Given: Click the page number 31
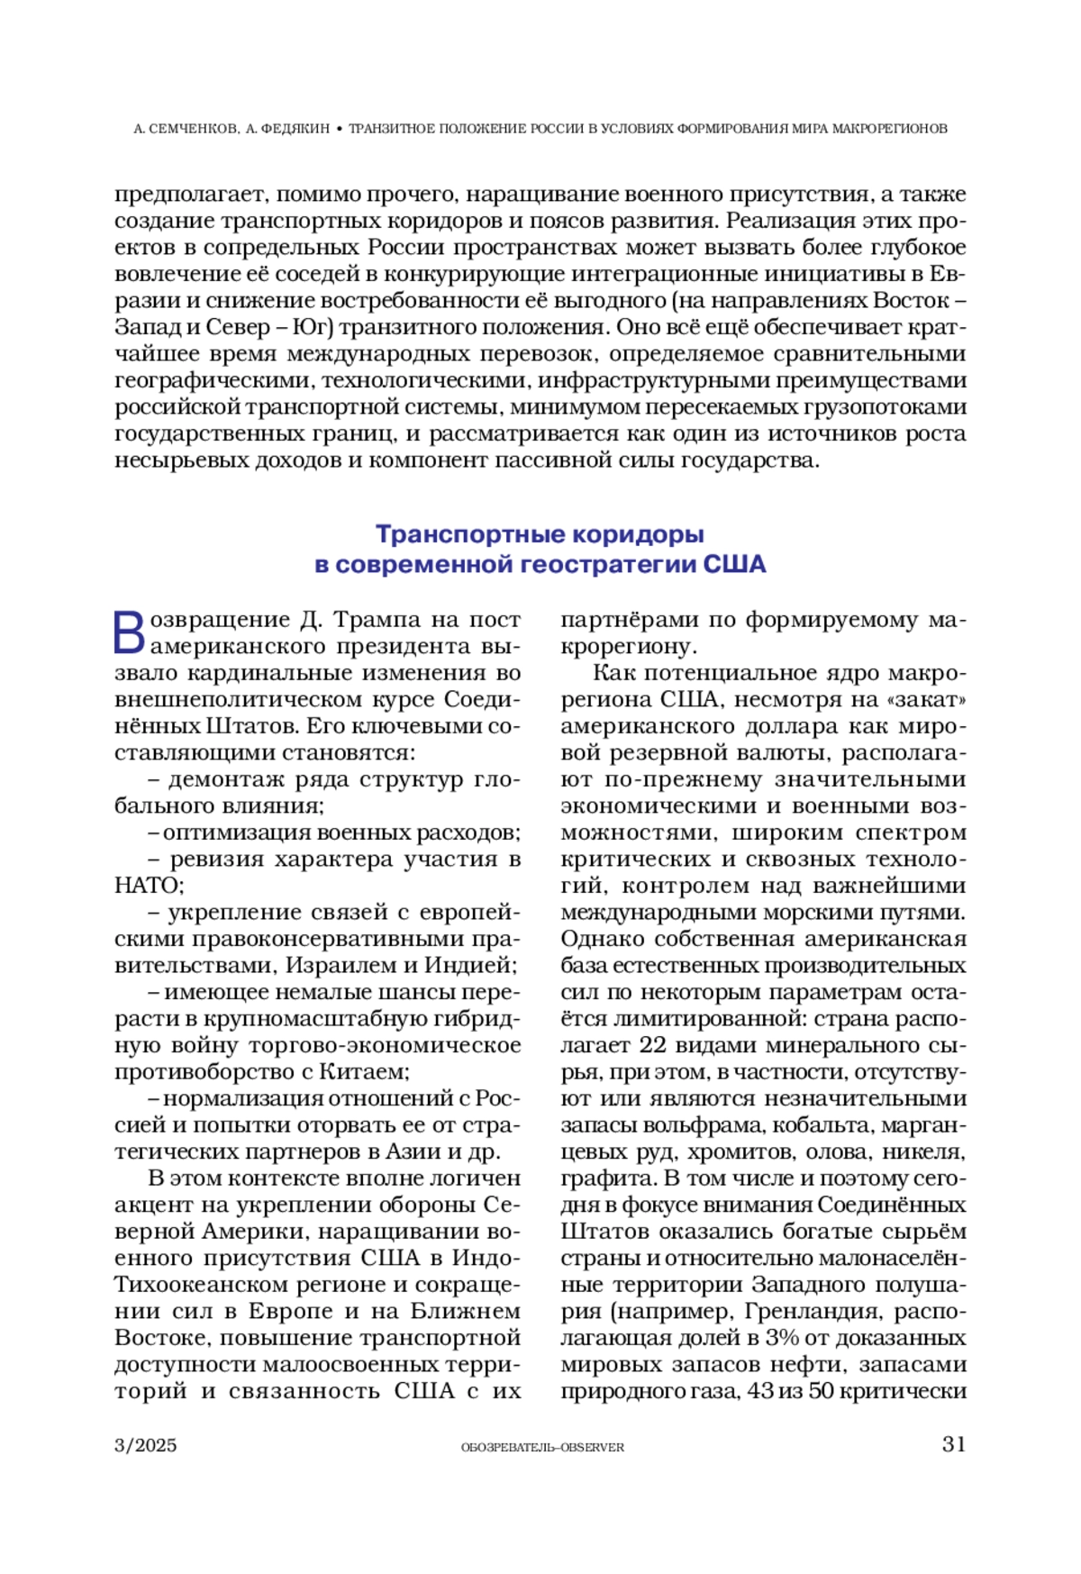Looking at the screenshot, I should (953, 1444).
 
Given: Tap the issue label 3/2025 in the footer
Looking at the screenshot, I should (146, 1445).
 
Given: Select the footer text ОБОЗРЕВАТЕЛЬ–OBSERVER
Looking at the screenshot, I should (542, 1447).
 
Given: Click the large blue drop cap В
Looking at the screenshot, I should (129, 632).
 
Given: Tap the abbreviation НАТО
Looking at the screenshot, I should (149, 886).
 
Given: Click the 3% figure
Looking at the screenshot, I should (782, 1338).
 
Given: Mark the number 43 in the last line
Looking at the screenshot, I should (760, 1391).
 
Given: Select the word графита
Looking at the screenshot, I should (606, 1178).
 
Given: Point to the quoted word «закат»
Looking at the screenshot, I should (930, 700).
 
